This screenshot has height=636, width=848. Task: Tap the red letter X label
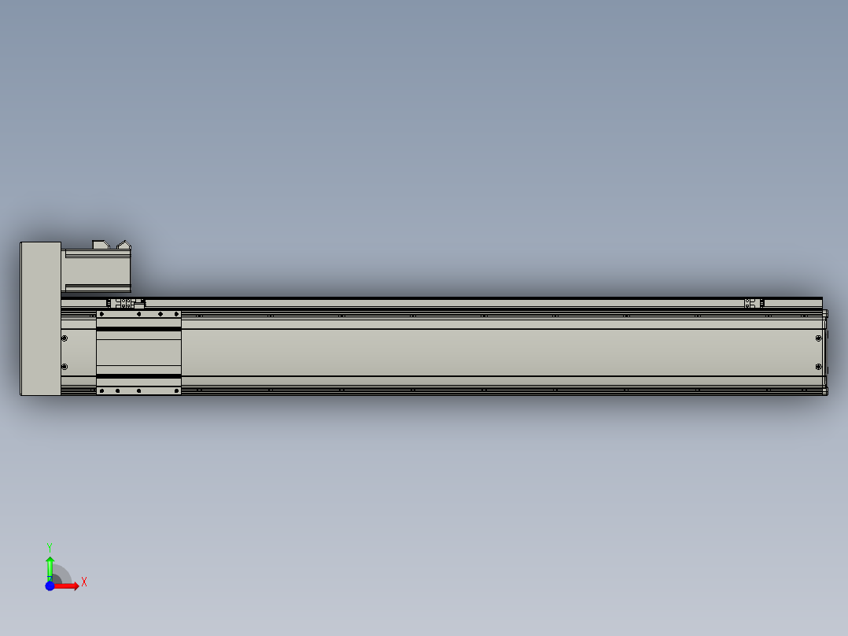coord(84,582)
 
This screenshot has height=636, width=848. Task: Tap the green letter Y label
coord(50,548)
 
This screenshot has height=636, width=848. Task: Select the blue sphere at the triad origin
coord(50,586)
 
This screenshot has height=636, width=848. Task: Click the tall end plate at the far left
coord(41,319)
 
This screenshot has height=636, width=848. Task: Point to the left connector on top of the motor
coord(101,245)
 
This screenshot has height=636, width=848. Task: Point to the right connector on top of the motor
coord(124,246)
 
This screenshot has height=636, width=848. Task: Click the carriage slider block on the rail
coord(138,353)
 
